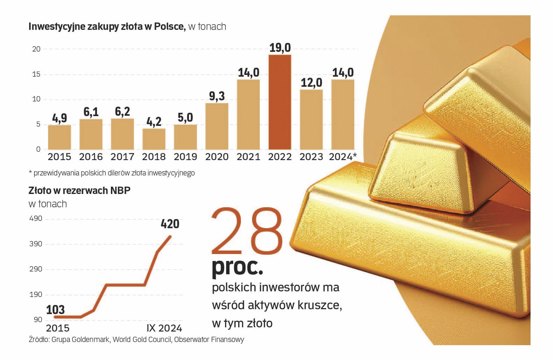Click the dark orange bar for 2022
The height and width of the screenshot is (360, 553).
(280, 102)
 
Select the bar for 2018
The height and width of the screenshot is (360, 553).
(154, 139)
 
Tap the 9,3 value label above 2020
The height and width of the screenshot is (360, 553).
(217, 96)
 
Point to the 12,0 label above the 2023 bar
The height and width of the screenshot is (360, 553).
(311, 83)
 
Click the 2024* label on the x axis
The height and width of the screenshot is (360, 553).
(343, 157)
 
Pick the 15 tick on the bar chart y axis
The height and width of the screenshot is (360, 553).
(36, 74)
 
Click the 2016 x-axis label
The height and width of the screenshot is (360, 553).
(91, 157)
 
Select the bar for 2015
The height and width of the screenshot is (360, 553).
(59, 137)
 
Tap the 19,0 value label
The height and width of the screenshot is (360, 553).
(280, 48)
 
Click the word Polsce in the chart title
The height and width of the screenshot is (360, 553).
(169, 27)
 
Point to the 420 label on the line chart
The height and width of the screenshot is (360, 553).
(170, 224)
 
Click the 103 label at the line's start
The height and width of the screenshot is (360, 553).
(55, 310)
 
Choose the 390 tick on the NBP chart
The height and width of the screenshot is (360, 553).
(36, 244)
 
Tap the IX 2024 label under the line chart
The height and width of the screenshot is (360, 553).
(164, 328)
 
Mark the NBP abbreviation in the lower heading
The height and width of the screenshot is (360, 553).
(120, 190)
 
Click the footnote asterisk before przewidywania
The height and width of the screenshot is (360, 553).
(30, 172)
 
